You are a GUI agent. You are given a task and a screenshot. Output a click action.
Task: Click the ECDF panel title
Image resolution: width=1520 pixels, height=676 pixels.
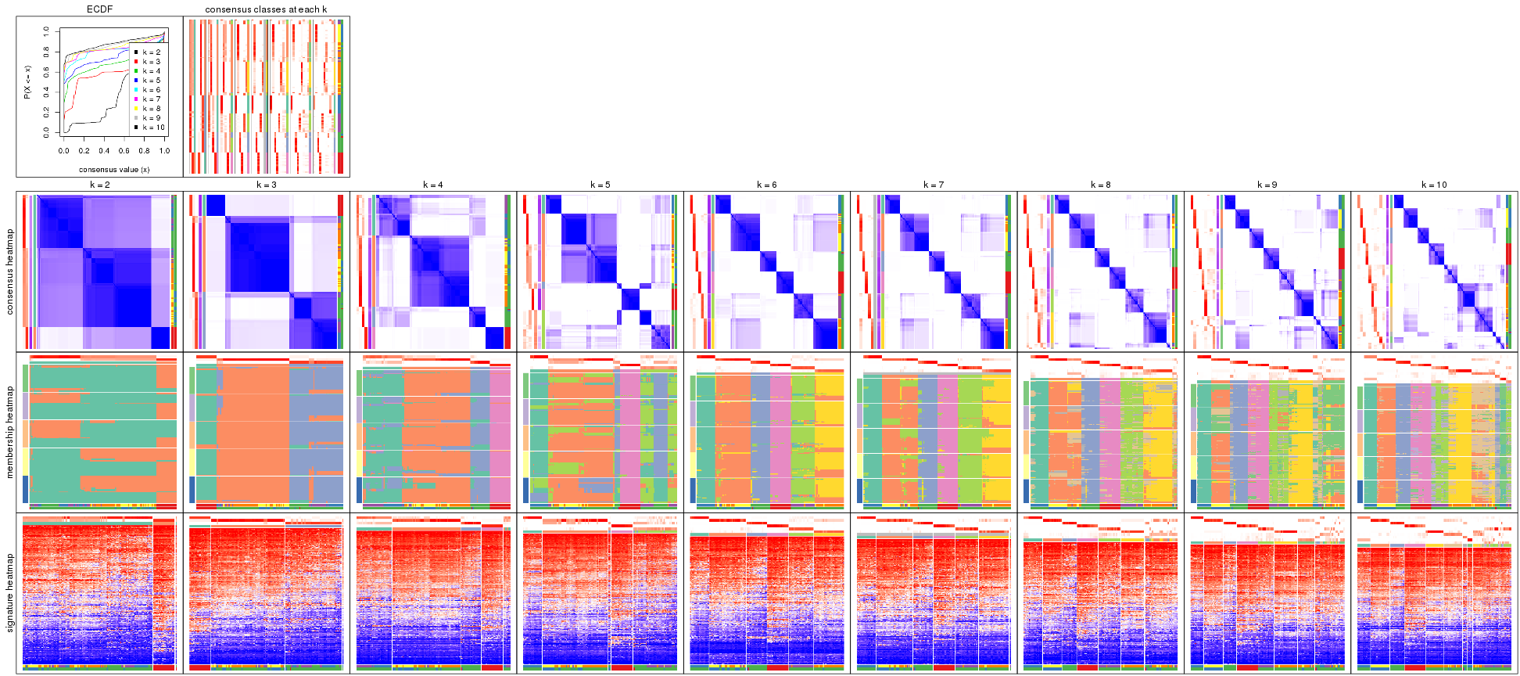tap(99, 9)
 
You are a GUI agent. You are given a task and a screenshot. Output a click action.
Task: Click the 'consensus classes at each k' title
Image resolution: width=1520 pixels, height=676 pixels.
tap(266, 9)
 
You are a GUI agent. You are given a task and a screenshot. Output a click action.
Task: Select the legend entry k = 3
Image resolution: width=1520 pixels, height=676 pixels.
tap(151, 62)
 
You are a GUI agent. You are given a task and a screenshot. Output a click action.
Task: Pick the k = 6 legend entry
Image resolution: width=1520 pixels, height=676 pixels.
tap(151, 90)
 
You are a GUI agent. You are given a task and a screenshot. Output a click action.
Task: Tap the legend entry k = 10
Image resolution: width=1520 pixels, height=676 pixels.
tap(152, 128)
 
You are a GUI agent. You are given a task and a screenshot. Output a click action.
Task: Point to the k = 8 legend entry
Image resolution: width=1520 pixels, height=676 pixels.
tap(151, 109)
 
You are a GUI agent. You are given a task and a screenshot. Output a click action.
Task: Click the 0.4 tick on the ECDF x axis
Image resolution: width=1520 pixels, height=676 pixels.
tap(104, 151)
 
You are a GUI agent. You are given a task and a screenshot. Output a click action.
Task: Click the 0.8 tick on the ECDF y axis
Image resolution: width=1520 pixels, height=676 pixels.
tap(46, 52)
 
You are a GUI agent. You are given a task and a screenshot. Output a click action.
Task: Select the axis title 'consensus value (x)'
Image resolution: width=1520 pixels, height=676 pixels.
tap(114, 170)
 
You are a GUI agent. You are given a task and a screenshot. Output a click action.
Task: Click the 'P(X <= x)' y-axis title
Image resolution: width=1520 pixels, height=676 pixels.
tap(27, 82)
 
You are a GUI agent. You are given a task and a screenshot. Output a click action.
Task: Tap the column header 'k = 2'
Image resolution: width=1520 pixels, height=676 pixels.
tap(99, 185)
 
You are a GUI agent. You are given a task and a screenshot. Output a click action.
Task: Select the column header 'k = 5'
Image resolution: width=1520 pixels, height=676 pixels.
tap(600, 185)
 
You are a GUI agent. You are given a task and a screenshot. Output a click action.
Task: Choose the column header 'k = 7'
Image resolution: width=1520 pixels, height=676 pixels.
tap(934, 185)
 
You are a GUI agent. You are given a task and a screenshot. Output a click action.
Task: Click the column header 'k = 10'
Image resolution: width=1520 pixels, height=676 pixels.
tap(1434, 185)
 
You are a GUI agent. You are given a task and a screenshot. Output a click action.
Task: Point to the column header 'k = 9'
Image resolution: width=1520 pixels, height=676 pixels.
tap(1267, 185)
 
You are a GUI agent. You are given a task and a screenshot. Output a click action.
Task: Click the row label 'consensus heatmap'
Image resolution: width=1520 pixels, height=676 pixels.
tap(10, 271)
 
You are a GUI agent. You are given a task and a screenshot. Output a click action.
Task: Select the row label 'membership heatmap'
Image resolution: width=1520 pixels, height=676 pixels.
tap(10, 431)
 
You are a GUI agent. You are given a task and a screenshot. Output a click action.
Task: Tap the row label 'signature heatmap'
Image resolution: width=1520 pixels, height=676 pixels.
tap(10, 593)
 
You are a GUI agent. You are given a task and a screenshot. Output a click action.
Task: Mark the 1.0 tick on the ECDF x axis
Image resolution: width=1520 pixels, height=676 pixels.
tap(164, 151)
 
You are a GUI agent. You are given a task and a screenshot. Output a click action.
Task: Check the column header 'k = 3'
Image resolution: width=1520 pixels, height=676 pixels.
tap(266, 185)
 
